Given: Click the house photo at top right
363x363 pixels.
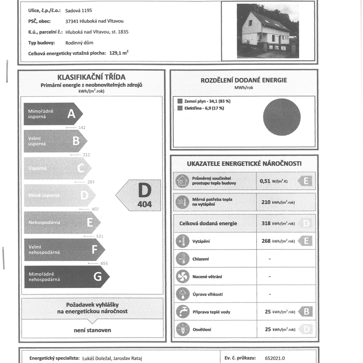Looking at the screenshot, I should coord(268,31).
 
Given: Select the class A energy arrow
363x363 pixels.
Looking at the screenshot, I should coord(53,114).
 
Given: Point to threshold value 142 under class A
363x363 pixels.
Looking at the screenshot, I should coord(82,128).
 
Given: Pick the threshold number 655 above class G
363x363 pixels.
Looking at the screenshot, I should coord(104,263).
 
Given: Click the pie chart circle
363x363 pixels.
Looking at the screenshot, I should coord(282,117).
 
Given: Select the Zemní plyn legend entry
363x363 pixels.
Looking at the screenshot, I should coord(204,101).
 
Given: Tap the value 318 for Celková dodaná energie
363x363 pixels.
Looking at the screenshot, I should coord(266,224).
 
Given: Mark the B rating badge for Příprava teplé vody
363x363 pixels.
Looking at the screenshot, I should coord(306,312).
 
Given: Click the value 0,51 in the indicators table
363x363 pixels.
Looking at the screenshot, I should coord(265,181).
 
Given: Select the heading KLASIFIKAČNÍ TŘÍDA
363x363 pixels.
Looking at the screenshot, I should coord(91,77).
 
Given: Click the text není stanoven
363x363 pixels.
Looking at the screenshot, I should coord(92,330).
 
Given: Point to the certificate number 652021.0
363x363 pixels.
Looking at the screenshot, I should coord(275,358).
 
